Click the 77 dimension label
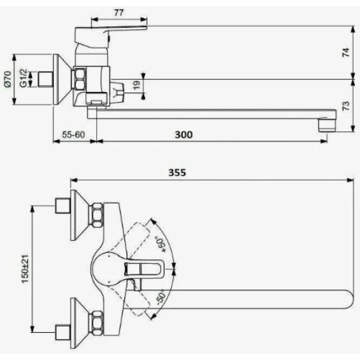[x=119, y=13]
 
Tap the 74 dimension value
[x=346, y=52]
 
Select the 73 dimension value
[x=346, y=106]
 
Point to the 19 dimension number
[x=137, y=85]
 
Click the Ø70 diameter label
[x=8, y=79]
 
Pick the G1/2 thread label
[x=23, y=78]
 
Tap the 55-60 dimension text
[x=74, y=134]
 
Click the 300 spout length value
[x=184, y=134]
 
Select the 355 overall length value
[x=177, y=172]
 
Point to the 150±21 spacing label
[x=25, y=269]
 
